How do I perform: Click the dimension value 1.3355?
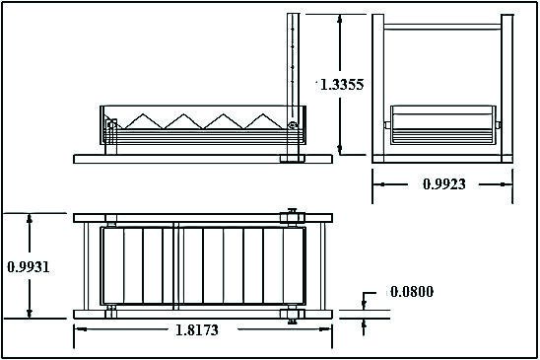click(x=342, y=85)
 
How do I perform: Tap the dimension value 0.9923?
click(x=443, y=184)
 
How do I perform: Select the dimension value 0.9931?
click(x=29, y=267)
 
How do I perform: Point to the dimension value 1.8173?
click(x=197, y=330)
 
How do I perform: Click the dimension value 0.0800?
click(x=412, y=292)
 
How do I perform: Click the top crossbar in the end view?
click(x=442, y=27)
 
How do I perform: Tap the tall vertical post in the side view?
click(x=293, y=85)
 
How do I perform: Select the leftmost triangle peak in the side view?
click(x=144, y=114)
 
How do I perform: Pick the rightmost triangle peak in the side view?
click(x=263, y=114)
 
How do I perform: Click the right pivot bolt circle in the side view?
click(x=293, y=126)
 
